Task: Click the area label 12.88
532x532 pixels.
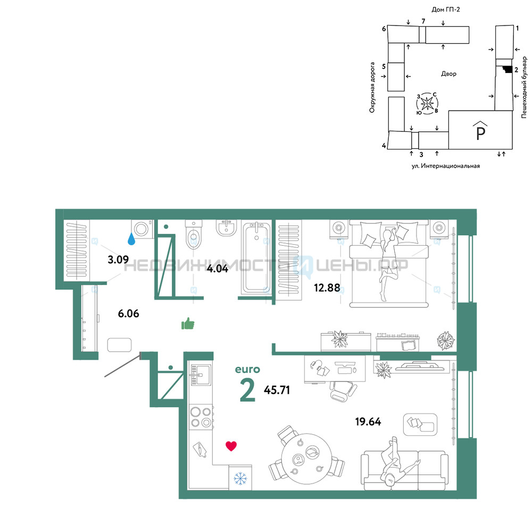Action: [327, 288]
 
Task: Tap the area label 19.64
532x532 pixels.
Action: [368, 422]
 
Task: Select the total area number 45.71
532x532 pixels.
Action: [277, 390]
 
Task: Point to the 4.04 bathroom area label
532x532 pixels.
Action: [218, 269]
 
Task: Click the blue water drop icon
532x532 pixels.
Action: [131, 239]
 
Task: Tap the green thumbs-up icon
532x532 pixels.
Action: [188, 323]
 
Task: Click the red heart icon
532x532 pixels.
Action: [231, 446]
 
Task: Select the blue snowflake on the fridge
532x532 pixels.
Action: [240, 478]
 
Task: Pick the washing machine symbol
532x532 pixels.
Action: [142, 229]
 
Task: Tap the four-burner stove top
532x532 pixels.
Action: [201, 417]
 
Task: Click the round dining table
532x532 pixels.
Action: [306, 459]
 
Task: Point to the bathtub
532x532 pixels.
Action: [257, 257]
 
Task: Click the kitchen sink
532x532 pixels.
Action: [201, 375]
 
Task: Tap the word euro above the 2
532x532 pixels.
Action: [247, 370]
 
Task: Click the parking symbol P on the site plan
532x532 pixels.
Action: [480, 131]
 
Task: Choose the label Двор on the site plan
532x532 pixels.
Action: [448, 73]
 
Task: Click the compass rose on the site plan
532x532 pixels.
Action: [427, 103]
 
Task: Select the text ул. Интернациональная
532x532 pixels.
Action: [445, 166]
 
